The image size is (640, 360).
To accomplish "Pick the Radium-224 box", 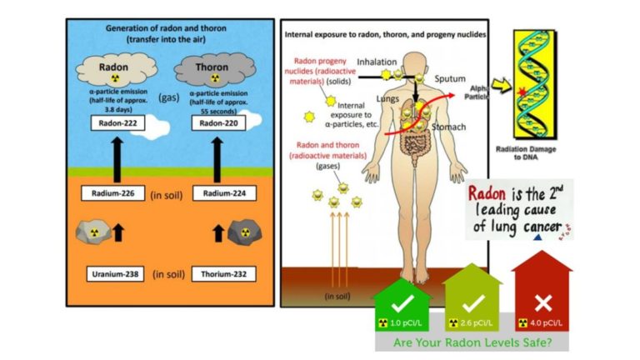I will point(212,194).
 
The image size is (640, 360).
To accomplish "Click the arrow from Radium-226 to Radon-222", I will point(115,158).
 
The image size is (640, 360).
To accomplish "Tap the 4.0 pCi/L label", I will point(545,322).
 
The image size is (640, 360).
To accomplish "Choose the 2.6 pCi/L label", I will point(473,322).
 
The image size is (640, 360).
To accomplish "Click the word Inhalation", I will point(377,61).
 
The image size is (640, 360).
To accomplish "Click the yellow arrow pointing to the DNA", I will point(502,85).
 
